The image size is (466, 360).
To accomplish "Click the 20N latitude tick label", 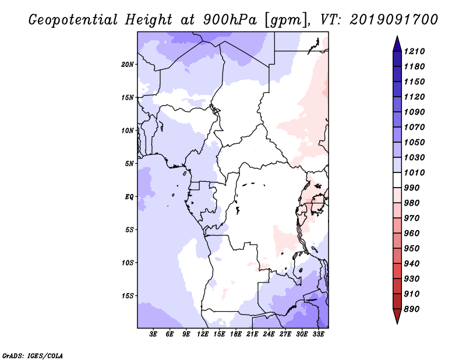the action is point(128,65).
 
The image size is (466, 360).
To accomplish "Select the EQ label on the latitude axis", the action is point(129,197).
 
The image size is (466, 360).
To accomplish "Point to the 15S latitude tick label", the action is point(128,296).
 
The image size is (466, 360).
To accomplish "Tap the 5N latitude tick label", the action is point(129,164).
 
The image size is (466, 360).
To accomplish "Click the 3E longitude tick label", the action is point(153,334).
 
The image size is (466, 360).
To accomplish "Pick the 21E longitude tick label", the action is point(252,334).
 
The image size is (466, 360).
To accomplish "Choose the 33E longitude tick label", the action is point(318,334).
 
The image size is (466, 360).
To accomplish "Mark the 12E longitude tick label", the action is point(203,334).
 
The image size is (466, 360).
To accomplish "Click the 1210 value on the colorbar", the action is point(414,51).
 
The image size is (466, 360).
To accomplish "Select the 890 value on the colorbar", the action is point(412,309).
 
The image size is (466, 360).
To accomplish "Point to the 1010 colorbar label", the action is point(414,172).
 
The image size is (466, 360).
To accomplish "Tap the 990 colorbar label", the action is point(412,188).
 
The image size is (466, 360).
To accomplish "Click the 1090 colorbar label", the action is point(414,112).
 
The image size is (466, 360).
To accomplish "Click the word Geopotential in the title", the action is point(73,20).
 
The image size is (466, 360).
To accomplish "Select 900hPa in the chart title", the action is point(230,20).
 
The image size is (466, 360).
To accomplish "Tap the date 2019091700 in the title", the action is point(394,19).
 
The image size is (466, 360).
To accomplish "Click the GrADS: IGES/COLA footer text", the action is point(33,355).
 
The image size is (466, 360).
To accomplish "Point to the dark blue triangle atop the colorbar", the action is point(397,44).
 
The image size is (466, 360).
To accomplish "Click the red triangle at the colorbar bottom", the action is point(397,316).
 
